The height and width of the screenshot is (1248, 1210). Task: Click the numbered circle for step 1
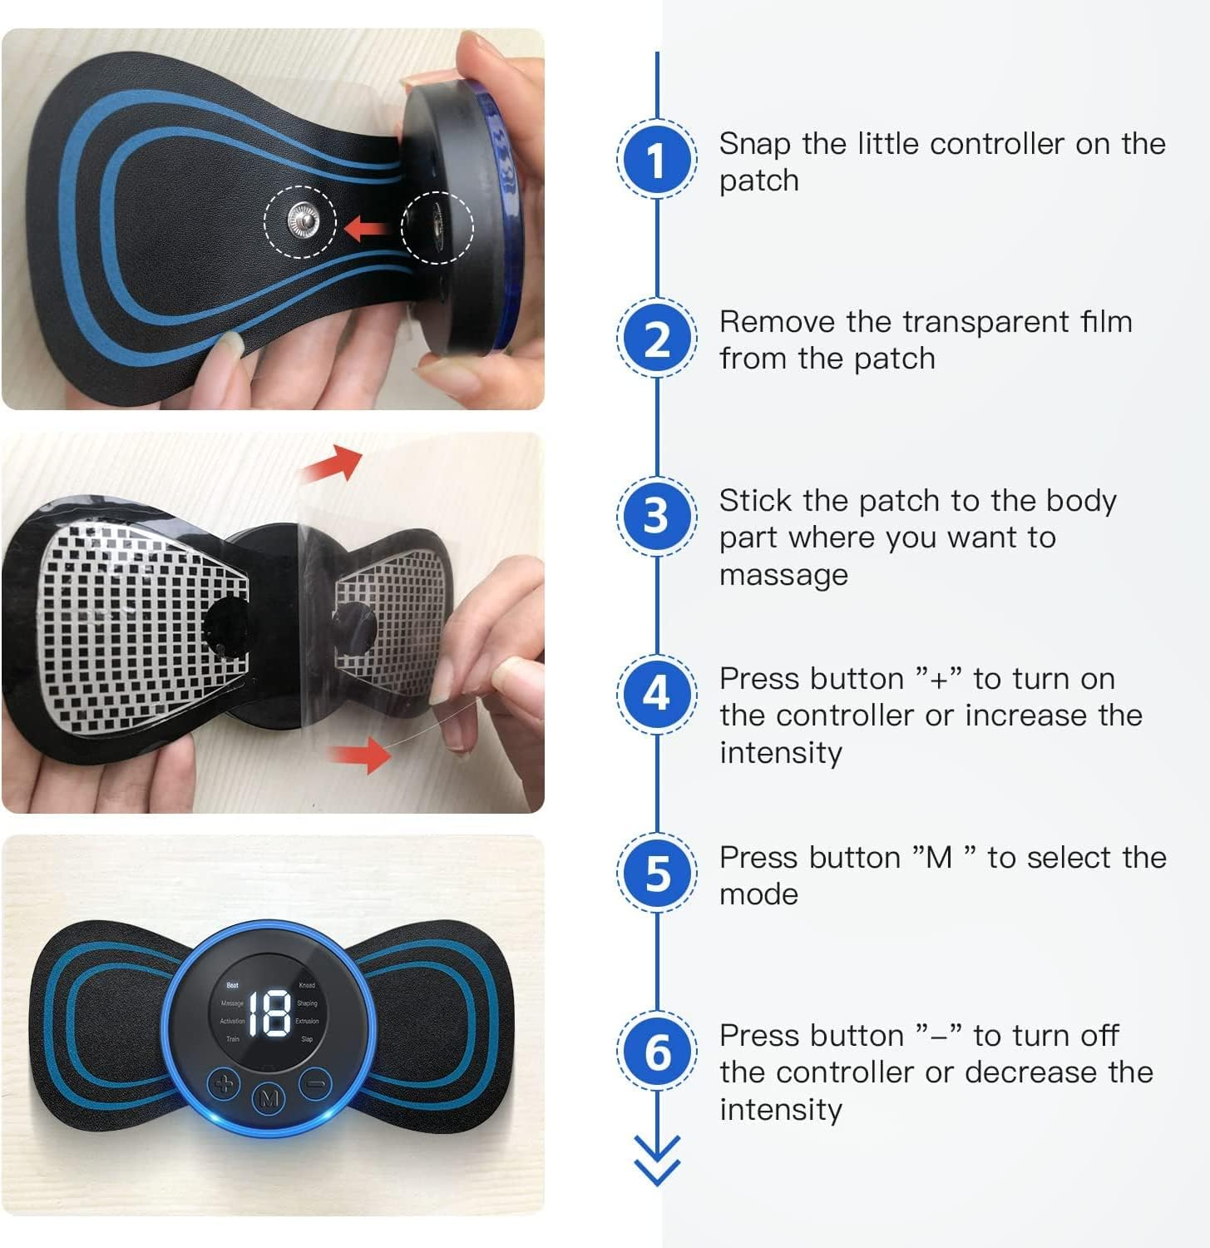pos(656,159)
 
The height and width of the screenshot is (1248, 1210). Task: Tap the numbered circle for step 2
pos(656,338)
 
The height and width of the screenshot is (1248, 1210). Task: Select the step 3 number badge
pos(656,515)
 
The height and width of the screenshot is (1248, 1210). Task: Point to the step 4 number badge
pos(656,693)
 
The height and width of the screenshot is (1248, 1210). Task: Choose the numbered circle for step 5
pos(656,873)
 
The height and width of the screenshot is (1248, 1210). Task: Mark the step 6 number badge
pos(656,1051)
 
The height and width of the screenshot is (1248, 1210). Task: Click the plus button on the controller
pos(224,1084)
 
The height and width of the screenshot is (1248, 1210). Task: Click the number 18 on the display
pos(269,1013)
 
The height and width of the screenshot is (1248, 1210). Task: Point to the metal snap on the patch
pos(301,221)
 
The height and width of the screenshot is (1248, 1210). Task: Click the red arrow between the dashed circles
pos(368,225)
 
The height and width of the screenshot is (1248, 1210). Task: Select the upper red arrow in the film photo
pos(332,463)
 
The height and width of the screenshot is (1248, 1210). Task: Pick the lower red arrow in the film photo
pos(359,755)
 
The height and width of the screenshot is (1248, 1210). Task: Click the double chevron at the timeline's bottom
pos(656,1160)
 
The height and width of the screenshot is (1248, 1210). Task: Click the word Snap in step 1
pos(754,144)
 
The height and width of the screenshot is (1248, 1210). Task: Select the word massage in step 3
pos(783,575)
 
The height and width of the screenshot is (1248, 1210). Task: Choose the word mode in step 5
pos(758,894)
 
